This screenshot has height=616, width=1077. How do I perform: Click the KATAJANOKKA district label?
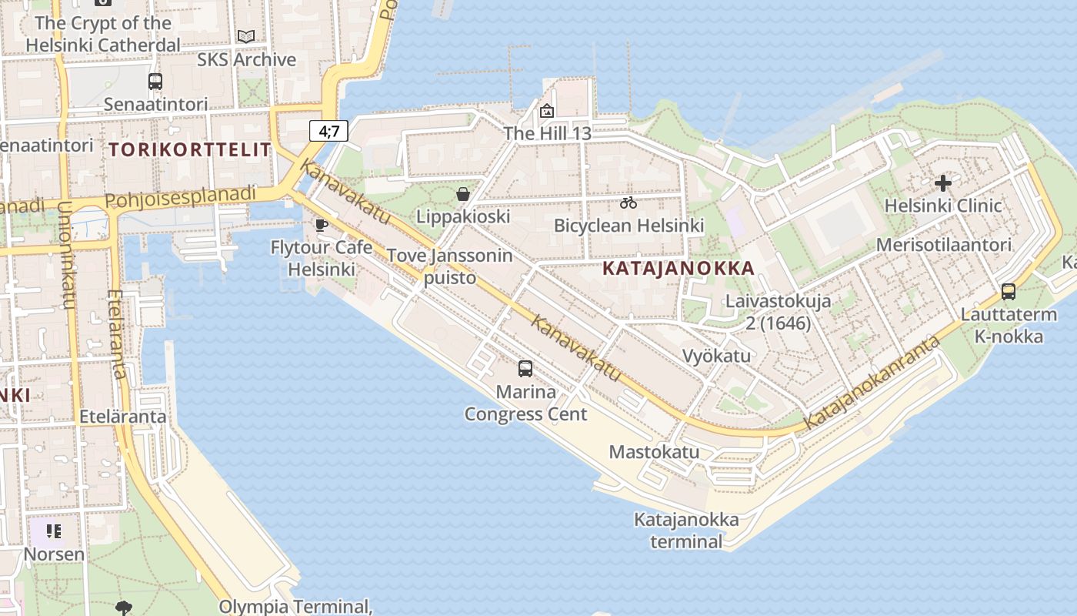pyautogui.click(x=679, y=268)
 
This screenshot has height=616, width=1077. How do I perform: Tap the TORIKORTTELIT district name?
pyautogui.click(x=190, y=149)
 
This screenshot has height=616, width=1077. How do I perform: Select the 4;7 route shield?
pyautogui.click(x=329, y=131)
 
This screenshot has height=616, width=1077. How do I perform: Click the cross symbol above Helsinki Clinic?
pyautogui.click(x=943, y=183)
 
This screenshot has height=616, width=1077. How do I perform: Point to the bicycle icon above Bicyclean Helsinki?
pyautogui.click(x=629, y=203)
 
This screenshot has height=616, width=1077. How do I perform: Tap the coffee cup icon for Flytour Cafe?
pyautogui.click(x=322, y=225)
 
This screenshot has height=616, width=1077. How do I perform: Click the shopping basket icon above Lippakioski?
pyautogui.click(x=463, y=194)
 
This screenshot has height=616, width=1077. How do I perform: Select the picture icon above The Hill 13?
pyautogui.click(x=547, y=112)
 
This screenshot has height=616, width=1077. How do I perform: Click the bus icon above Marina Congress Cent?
pyautogui.click(x=525, y=369)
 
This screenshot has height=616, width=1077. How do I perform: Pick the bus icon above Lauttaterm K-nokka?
pyautogui.click(x=1009, y=292)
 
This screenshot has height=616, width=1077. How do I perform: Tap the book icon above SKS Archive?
pyautogui.click(x=246, y=37)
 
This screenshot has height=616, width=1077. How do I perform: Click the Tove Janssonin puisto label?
pyautogui.click(x=449, y=266)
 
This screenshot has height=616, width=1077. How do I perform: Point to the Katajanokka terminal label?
pyautogui.click(x=686, y=530)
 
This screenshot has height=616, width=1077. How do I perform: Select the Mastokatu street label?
pyautogui.click(x=655, y=452)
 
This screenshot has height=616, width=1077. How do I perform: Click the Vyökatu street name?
pyautogui.click(x=716, y=356)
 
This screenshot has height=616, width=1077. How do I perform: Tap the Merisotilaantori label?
pyautogui.click(x=944, y=245)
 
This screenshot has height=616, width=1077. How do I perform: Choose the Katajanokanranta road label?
pyautogui.click(x=872, y=383)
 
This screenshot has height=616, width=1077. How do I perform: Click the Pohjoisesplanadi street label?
pyautogui.click(x=180, y=197)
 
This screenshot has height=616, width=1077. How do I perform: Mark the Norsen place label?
pyautogui.click(x=54, y=554)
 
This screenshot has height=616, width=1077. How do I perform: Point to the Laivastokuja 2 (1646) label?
pyautogui.click(x=778, y=311)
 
